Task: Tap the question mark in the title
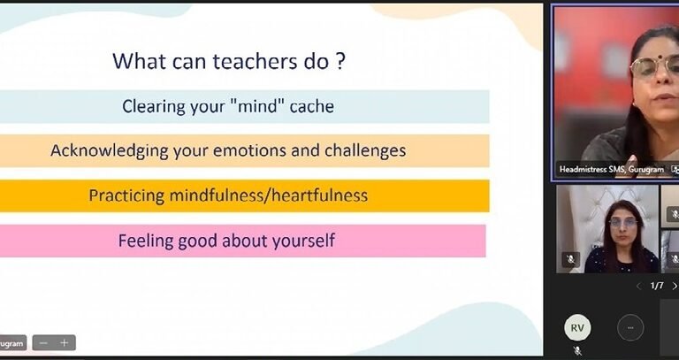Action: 340,62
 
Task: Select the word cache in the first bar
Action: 312,106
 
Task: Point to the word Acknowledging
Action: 110,151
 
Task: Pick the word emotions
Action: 249,150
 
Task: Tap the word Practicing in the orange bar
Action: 126,195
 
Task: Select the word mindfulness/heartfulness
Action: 269,195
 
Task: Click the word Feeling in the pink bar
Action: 146,241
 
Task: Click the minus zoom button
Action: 43,343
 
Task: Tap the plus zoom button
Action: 64,343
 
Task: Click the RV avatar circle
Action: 577,328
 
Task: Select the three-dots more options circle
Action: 630,328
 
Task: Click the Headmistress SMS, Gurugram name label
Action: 612,170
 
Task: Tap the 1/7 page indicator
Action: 657,286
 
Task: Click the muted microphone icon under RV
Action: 577,351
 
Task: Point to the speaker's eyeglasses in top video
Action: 655,66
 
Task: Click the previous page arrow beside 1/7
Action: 638,286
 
